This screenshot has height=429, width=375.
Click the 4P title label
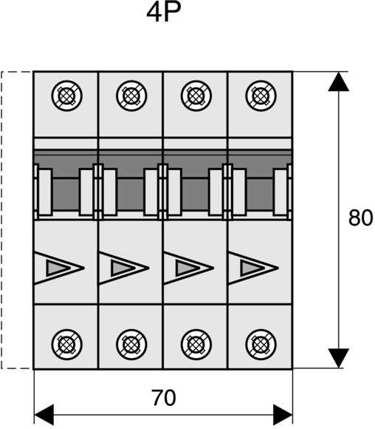164,12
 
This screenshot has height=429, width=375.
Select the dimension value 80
360,217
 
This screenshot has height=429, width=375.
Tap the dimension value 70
164,398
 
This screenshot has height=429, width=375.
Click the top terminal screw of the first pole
67,95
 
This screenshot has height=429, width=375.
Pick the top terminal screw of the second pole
131,95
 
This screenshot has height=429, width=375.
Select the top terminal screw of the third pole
196,95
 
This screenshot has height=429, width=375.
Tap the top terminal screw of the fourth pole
261,95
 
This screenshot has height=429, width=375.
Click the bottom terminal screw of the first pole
67,345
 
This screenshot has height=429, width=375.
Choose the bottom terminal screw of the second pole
131,345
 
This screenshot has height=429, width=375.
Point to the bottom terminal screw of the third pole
196,345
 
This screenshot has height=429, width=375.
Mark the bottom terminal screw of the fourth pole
261,345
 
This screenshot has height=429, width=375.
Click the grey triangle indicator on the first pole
55,268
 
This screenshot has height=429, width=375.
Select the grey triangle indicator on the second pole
120,268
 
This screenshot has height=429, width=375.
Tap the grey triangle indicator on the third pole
185,268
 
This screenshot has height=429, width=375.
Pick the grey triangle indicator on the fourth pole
250,268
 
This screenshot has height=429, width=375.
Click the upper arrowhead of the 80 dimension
339,81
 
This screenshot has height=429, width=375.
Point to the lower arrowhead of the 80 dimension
339,358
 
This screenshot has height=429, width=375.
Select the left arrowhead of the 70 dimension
44,414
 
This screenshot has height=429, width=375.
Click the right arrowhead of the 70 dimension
283,414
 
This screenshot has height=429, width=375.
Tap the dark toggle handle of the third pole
195,195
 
